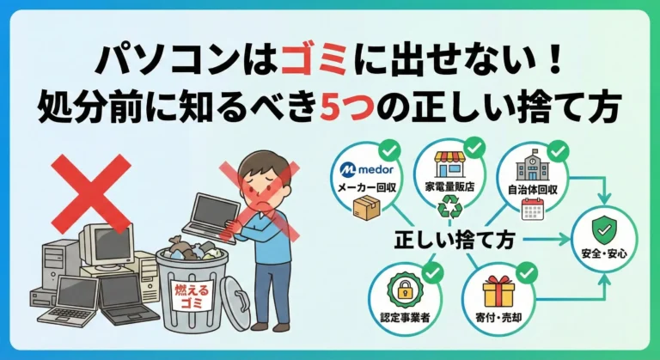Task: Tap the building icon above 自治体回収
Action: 528,164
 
